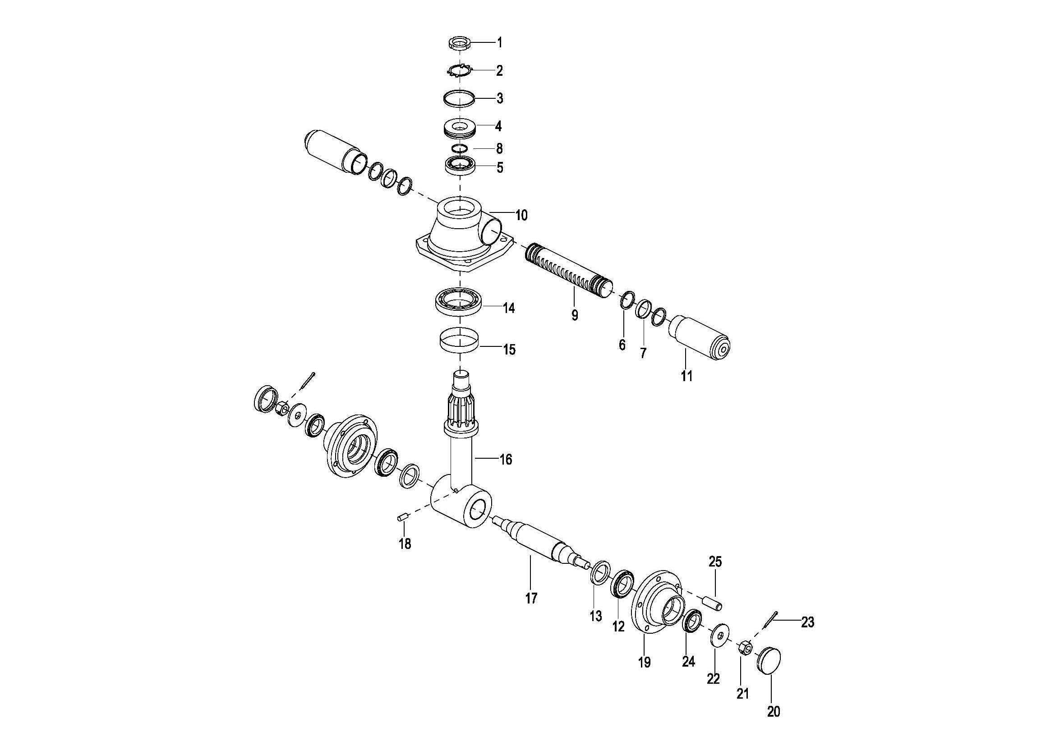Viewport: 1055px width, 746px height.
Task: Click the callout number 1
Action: pos(500,43)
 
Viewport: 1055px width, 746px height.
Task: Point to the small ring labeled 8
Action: pos(460,148)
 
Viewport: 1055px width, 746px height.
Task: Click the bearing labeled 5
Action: pos(460,165)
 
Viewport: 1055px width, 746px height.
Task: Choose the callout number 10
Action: pos(521,215)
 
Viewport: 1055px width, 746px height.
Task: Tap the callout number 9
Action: pos(574,316)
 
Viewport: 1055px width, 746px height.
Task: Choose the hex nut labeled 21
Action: pos(745,649)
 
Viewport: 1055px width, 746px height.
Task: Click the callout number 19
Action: pos(644,663)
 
